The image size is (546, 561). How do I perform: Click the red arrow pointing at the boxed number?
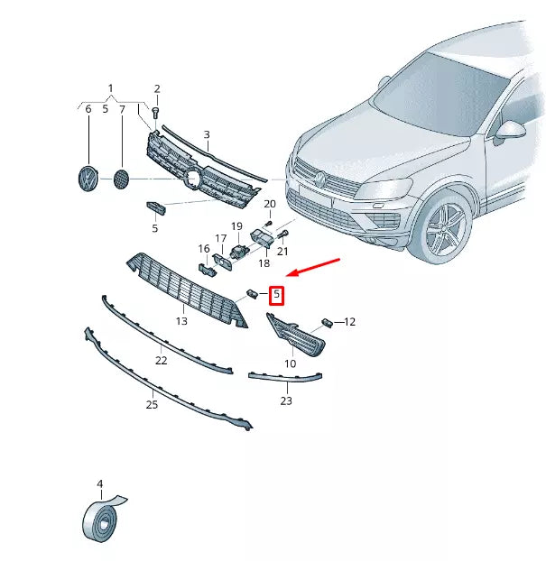(x=312, y=268)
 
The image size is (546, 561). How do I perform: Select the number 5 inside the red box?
(x=277, y=295)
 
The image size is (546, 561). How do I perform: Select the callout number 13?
(x=181, y=321)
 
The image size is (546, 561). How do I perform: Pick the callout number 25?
(x=152, y=405)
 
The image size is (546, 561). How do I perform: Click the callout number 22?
(x=161, y=361)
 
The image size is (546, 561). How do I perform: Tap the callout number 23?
(x=286, y=400)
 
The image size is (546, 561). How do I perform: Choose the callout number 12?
(x=350, y=321)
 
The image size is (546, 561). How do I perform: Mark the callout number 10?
(x=290, y=363)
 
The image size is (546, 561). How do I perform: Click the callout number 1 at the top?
(x=111, y=88)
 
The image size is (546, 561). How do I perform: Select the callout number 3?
(x=206, y=135)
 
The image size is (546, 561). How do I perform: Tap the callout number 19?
(x=236, y=226)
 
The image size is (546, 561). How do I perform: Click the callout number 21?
(x=282, y=252)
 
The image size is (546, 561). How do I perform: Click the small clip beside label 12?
(x=328, y=321)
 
